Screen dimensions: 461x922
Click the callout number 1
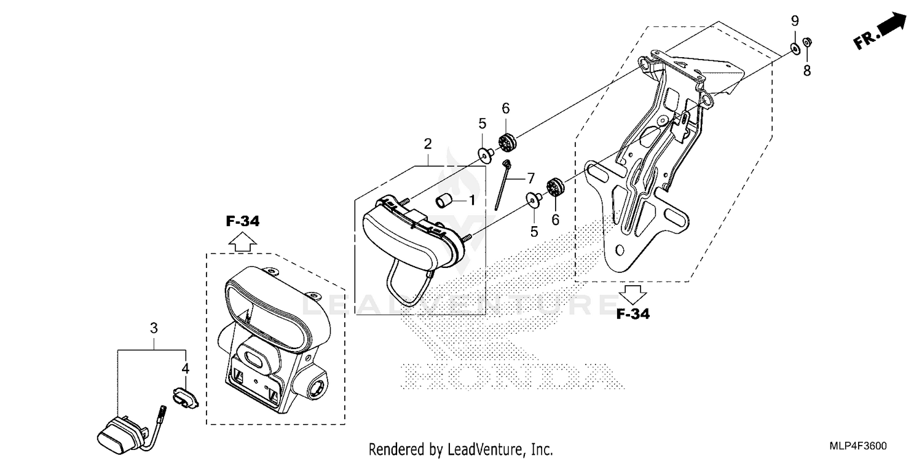coord(472,200)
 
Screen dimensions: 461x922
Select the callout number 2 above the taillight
coord(427,144)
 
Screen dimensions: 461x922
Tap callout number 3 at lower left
coord(154,328)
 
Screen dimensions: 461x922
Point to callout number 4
coord(184,369)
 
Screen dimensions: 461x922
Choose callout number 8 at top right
coord(807,71)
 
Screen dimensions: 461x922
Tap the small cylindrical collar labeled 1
coord(445,200)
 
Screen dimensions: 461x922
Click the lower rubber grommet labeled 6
coord(556,186)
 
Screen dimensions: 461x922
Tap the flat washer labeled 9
coord(795,48)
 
